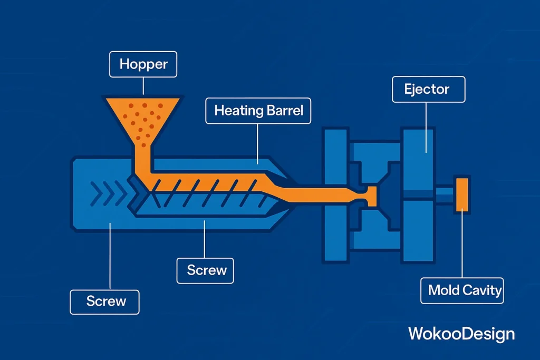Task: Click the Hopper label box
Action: [143, 65]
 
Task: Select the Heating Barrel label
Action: [258, 111]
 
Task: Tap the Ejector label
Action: [428, 89]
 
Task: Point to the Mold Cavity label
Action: [462, 290]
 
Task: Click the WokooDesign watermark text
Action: [461, 333]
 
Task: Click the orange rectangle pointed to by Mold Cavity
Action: [462, 194]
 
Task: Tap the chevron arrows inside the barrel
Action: [108, 193]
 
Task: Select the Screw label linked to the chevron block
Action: [104, 301]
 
